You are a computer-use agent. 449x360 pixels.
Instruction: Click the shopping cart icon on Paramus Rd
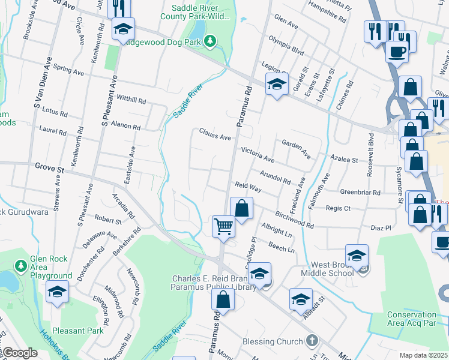click(x=223, y=227)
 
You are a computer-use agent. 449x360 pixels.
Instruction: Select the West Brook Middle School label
click(x=332, y=269)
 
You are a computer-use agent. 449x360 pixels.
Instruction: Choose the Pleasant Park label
click(x=77, y=330)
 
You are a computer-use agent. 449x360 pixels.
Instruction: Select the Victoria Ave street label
click(x=258, y=155)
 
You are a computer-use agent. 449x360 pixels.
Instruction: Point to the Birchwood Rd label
click(x=294, y=220)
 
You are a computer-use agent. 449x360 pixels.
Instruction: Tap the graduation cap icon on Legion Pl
click(x=277, y=84)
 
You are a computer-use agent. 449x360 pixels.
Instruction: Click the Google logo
click(x=19, y=353)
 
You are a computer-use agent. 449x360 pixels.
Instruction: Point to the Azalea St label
click(x=344, y=160)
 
